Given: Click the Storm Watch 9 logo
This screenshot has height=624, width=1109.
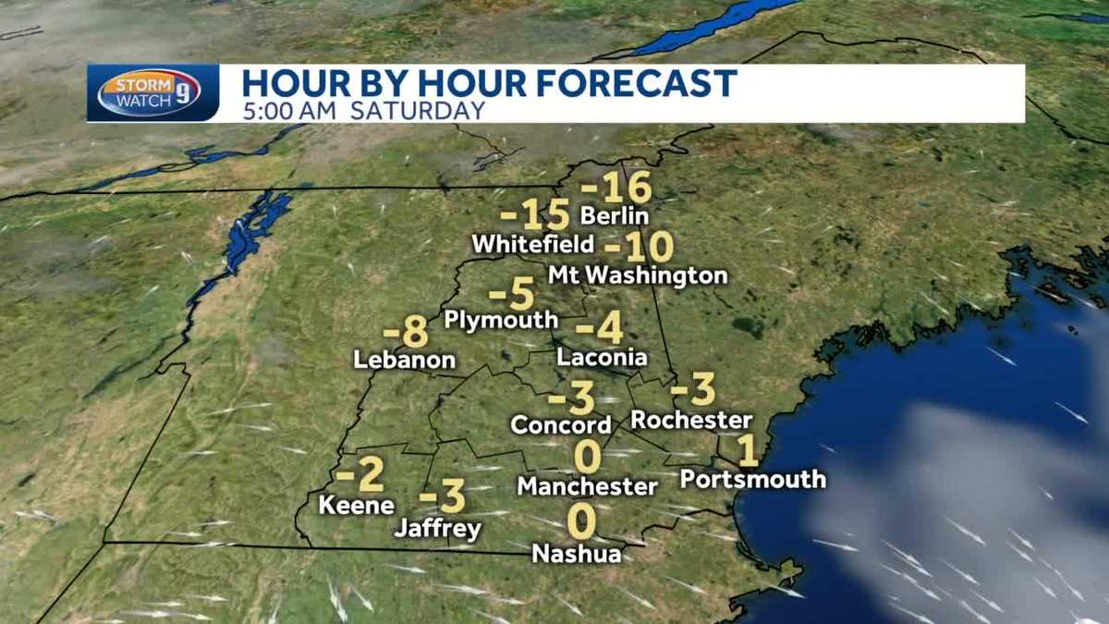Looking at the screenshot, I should pyautogui.click(x=149, y=92).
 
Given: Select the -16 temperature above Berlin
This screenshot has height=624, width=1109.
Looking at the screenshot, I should pyautogui.click(x=616, y=188).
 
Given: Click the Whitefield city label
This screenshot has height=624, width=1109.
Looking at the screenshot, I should pyautogui.click(x=532, y=244).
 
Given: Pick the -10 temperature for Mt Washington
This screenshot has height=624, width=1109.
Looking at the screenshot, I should pyautogui.click(x=639, y=247).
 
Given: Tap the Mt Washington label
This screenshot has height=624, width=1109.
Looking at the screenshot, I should pyautogui.click(x=638, y=275).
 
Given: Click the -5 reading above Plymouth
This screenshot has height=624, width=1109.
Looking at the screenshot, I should pyautogui.click(x=512, y=295).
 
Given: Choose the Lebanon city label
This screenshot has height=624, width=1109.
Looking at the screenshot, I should pyautogui.click(x=405, y=360).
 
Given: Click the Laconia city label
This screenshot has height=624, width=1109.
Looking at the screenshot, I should pyautogui.click(x=602, y=357).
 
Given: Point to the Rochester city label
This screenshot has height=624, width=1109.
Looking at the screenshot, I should pyautogui.click(x=691, y=420).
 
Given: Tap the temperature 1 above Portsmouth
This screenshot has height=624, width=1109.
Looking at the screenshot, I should pyautogui.click(x=749, y=451).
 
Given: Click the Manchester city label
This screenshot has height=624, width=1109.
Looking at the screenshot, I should pyautogui.click(x=588, y=485).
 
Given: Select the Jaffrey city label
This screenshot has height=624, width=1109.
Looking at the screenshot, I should pyautogui.click(x=438, y=529).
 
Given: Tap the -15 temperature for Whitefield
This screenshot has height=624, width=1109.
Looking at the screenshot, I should pyautogui.click(x=535, y=216).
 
